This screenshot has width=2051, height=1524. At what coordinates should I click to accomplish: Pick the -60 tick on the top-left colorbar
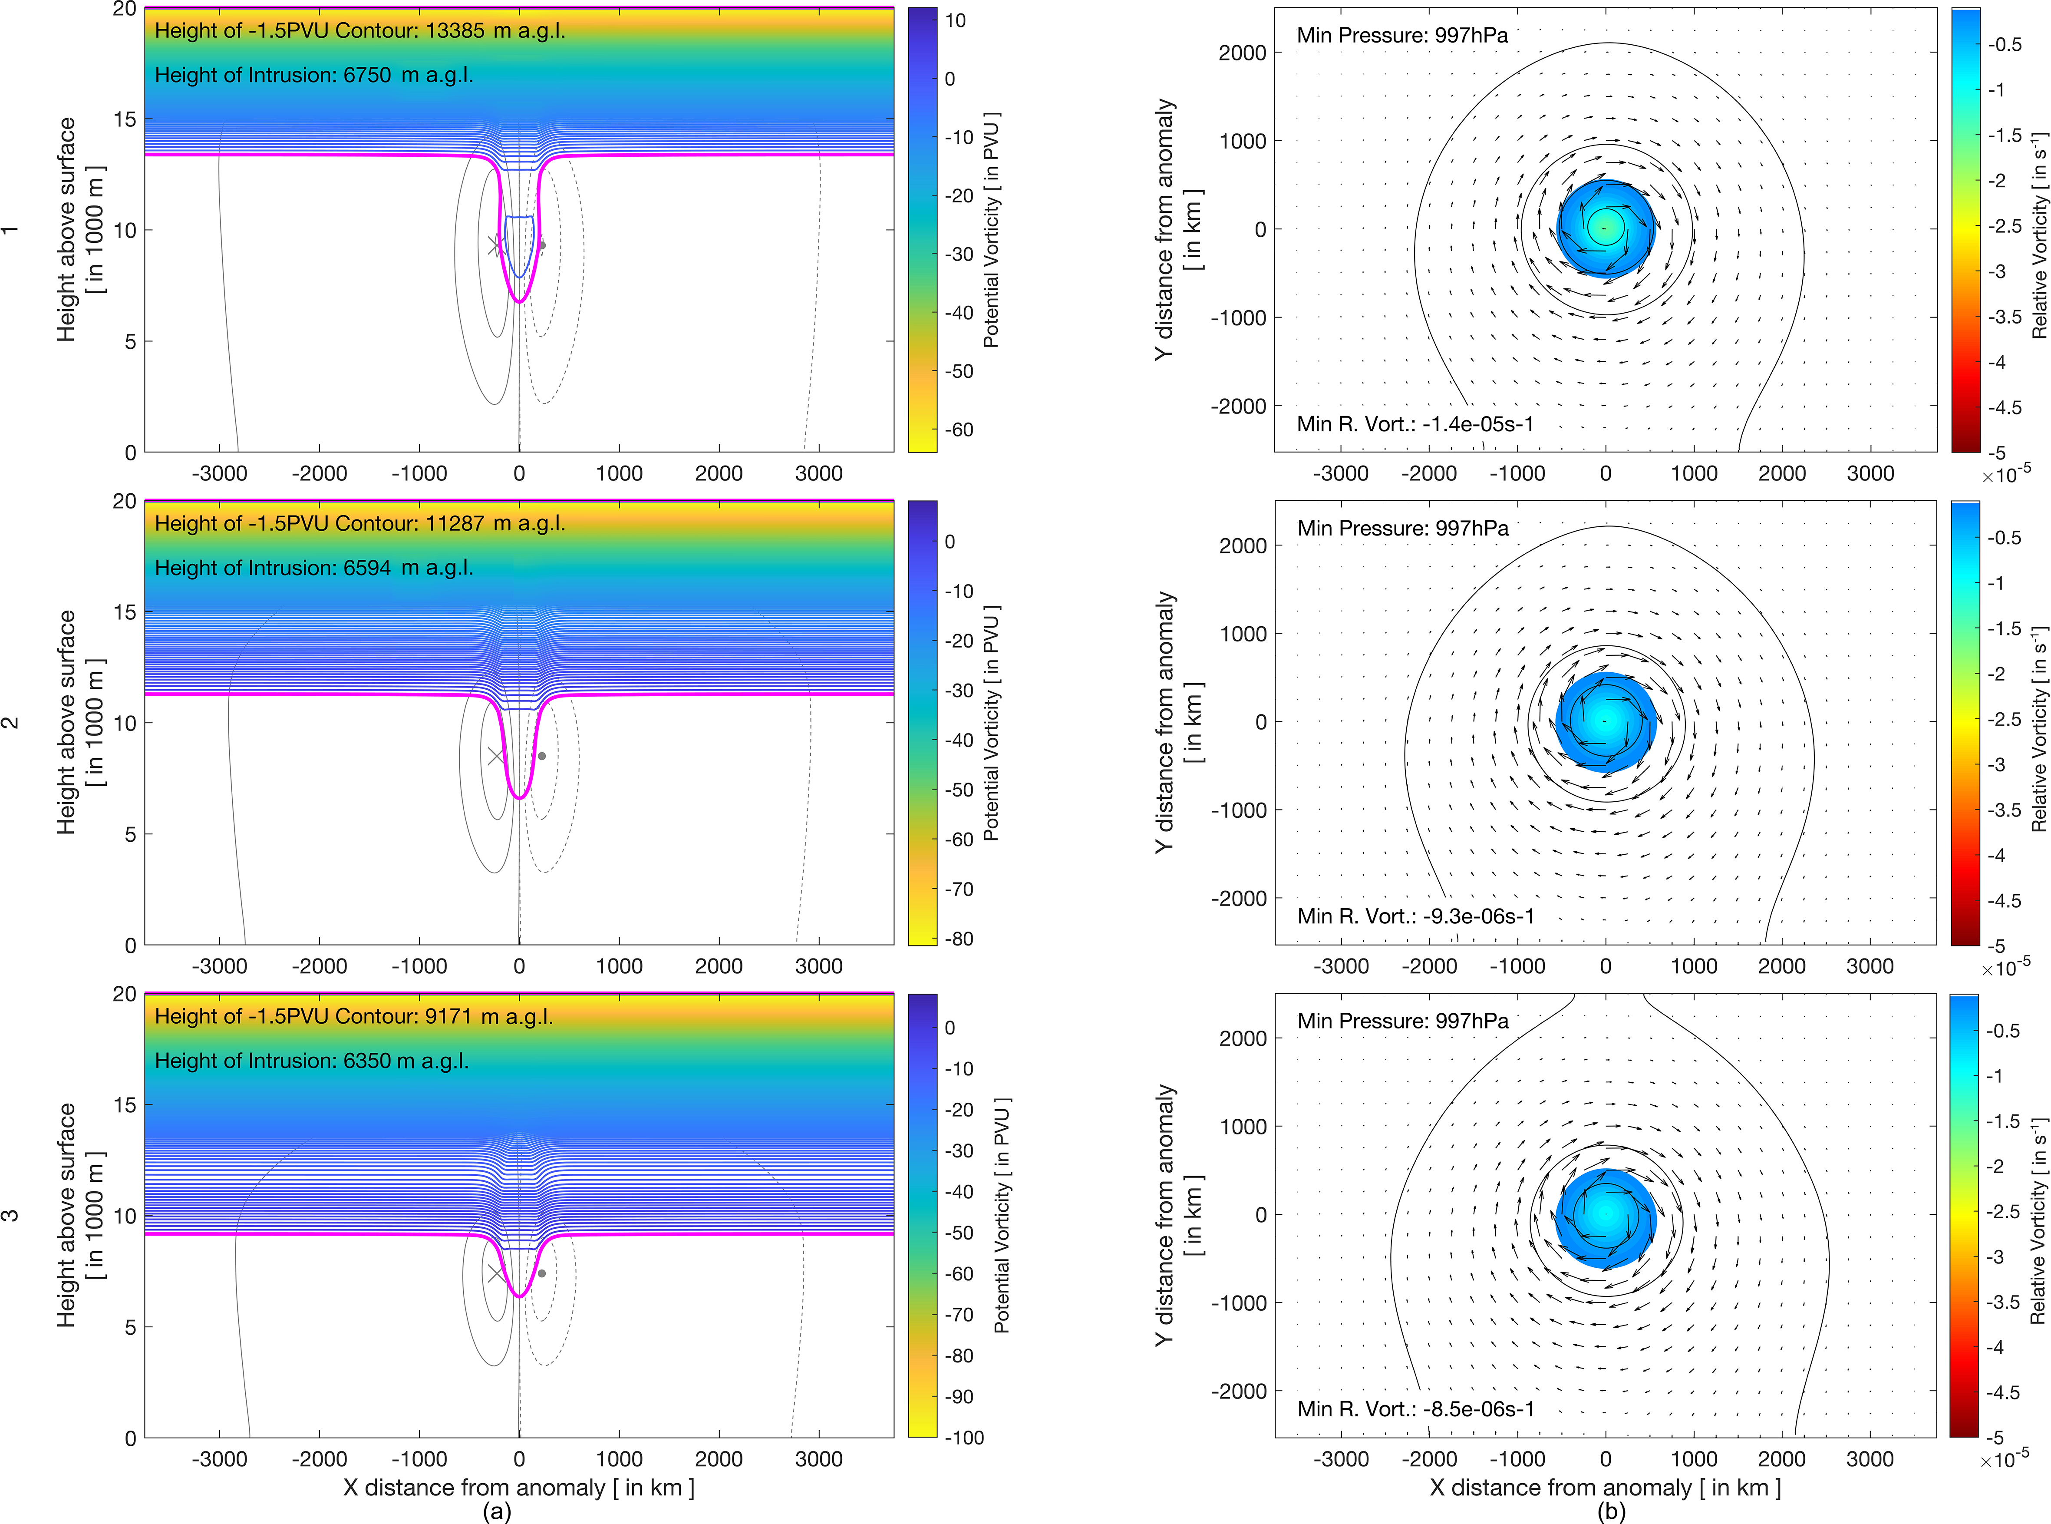pos(959,430)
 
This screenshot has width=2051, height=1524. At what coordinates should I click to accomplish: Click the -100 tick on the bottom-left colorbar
pos(964,1437)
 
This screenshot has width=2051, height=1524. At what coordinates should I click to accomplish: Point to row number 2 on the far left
pos(11,722)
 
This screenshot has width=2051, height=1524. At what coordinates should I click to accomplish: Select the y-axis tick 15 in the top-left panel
pos(125,119)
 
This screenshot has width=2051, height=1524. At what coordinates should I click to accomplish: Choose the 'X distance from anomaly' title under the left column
pos(518,1487)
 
